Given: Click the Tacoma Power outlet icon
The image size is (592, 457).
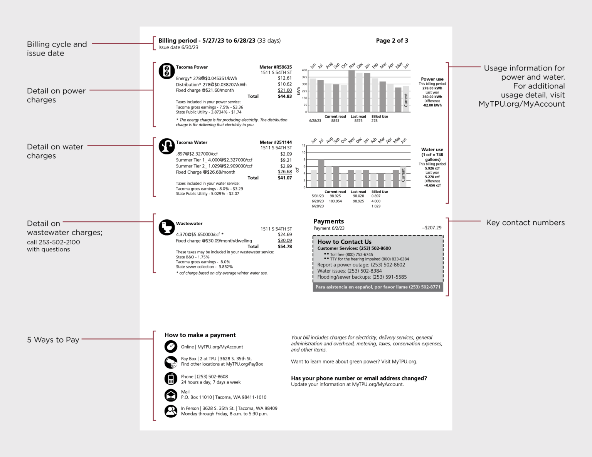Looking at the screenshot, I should (166, 71).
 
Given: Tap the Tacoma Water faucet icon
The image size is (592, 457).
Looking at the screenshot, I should (166, 146).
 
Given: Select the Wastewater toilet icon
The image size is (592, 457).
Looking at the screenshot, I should (166, 228).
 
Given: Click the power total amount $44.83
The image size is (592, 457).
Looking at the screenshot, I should (284, 96).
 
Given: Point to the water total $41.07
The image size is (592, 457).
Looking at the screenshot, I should (284, 178).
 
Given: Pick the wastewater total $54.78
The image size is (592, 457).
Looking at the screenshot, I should (284, 246).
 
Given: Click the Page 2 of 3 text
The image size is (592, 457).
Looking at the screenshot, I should (392, 40).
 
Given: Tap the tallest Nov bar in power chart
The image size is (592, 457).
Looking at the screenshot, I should (351, 91).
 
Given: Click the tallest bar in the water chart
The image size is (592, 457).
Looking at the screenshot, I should (321, 173).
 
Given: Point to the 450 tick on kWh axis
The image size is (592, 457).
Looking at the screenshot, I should (304, 70).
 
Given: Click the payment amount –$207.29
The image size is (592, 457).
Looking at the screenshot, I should (432, 228).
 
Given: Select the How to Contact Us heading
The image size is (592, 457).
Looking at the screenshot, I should (344, 242).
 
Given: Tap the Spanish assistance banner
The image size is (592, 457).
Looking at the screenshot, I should (378, 287).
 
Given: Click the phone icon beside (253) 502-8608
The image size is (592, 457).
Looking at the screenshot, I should (171, 379).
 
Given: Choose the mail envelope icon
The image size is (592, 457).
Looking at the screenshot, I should (171, 395).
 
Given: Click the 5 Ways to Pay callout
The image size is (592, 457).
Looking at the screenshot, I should (53, 340).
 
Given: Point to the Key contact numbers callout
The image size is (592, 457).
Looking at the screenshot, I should (525, 223).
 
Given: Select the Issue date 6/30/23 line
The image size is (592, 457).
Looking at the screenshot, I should (178, 48).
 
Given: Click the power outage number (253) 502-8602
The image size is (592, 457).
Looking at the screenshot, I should (388, 265).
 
